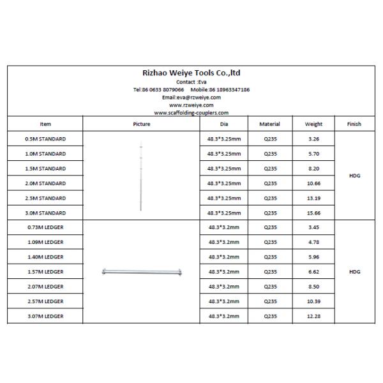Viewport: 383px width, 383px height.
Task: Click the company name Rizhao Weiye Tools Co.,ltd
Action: [x=191, y=73]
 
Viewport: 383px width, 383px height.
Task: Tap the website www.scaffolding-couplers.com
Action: [x=191, y=112]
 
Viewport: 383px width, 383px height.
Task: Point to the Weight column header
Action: [x=313, y=124]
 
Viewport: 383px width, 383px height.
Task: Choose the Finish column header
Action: [x=355, y=124]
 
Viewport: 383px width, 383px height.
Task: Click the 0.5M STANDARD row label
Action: [x=45, y=139]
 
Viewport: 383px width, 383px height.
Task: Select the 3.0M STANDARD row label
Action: [x=45, y=213]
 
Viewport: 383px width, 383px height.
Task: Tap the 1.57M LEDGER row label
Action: [x=45, y=271]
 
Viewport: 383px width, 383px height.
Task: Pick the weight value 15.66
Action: [x=313, y=213]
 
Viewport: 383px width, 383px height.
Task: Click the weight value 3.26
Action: [x=313, y=139]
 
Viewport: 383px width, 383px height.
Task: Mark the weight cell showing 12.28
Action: [x=313, y=315]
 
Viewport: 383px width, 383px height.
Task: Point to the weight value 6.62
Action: [x=313, y=271]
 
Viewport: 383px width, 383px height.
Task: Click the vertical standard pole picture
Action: [x=141, y=176]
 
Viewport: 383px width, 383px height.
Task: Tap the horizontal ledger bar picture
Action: [x=141, y=273]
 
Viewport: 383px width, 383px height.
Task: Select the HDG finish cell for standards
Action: [x=355, y=175]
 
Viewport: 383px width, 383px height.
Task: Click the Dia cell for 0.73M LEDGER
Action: [x=224, y=227]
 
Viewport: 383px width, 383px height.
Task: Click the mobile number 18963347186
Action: [x=227, y=89]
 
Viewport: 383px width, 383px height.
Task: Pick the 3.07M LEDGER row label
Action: [x=45, y=315]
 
